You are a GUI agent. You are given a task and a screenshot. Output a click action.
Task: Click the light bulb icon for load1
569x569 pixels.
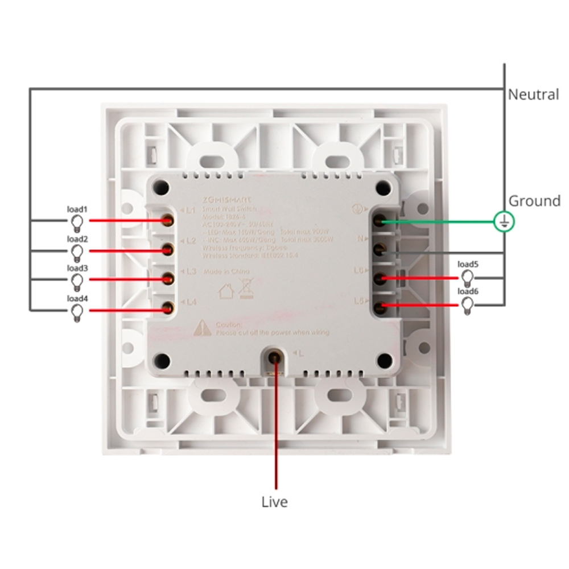(78, 221)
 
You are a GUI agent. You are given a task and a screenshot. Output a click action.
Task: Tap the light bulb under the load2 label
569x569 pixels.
(78, 251)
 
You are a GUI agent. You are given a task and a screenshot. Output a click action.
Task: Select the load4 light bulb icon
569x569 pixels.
(78, 311)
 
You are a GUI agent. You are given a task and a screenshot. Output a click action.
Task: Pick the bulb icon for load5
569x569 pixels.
(468, 278)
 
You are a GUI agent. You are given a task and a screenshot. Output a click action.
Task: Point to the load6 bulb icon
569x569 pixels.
(468, 306)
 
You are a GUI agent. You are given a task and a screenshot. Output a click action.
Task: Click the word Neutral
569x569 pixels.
(533, 94)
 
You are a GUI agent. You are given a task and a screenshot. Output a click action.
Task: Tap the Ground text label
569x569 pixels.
(534, 200)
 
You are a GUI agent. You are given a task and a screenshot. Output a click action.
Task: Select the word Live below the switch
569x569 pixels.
(274, 502)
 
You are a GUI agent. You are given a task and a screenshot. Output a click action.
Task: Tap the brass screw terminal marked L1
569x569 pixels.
(168, 220)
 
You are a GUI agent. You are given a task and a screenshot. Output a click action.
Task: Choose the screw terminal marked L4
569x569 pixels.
(167, 308)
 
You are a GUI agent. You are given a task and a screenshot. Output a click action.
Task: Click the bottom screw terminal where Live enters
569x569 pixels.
(274, 357)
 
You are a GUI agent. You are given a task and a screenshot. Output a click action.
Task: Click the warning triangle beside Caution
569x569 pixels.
(202, 328)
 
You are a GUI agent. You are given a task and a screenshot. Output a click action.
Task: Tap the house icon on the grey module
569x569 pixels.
(226, 291)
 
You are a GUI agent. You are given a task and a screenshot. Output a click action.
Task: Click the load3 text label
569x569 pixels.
(77, 268)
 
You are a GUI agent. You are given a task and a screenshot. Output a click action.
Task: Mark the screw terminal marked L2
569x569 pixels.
(168, 249)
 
